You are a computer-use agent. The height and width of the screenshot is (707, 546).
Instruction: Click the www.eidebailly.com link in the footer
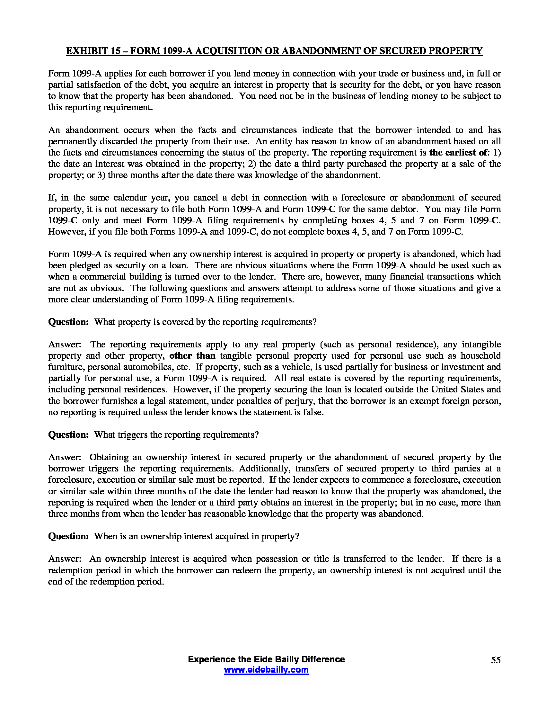click(266, 670)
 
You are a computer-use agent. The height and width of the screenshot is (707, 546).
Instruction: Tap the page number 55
click(496, 660)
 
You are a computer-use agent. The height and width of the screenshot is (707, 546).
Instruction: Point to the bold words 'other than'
click(192, 356)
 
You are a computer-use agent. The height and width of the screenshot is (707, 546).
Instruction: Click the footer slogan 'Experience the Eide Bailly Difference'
click(266, 659)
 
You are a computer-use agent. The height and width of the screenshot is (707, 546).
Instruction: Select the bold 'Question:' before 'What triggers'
click(68, 435)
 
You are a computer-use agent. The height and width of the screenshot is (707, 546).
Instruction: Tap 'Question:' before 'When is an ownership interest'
click(68, 536)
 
